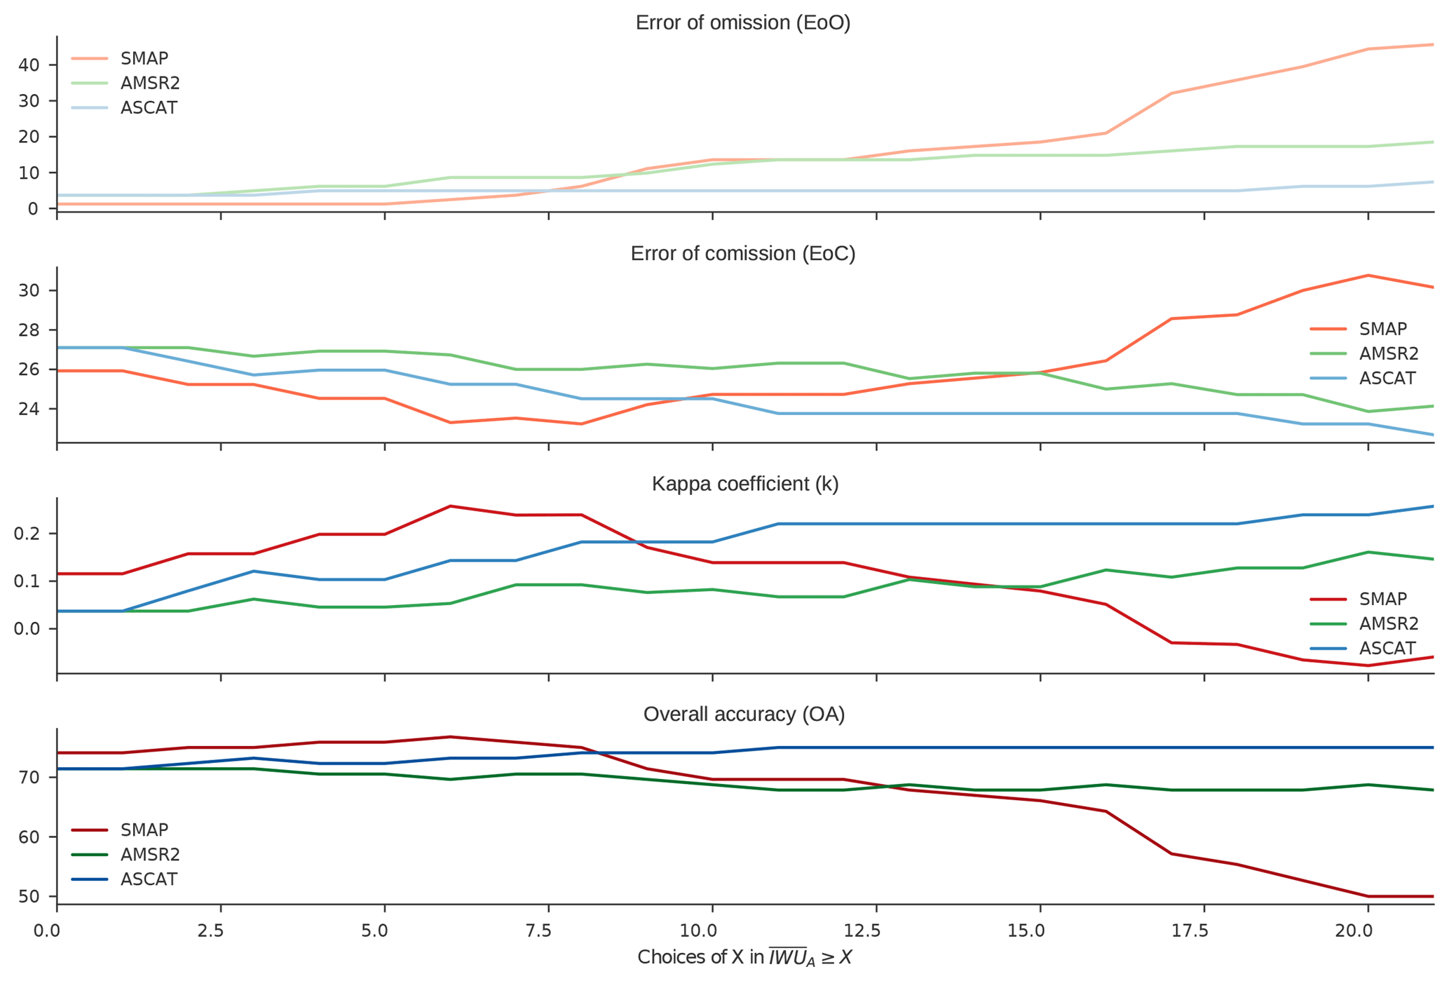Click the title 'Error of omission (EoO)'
pyautogui.click(x=742, y=23)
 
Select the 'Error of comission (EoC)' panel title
pyautogui.click(x=742, y=254)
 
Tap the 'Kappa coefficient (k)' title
pyautogui.click(x=744, y=485)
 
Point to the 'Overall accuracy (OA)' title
pyautogui.click(x=744, y=715)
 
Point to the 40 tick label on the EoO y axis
pyautogui.click(x=29, y=65)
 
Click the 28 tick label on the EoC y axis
pyautogui.click(x=29, y=330)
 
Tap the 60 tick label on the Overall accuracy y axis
pyautogui.click(x=29, y=837)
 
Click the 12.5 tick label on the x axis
pyautogui.click(x=862, y=931)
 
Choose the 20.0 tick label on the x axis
pyautogui.click(x=1353, y=931)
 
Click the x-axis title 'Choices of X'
pyautogui.click(x=744, y=958)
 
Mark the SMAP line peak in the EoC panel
pyautogui.click(x=1368, y=276)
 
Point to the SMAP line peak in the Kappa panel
pyautogui.click(x=450, y=506)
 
